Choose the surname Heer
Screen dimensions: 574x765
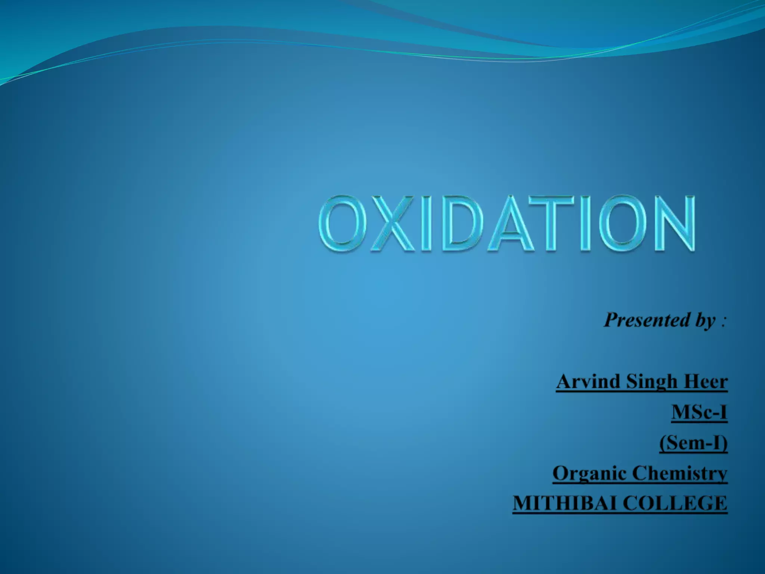[x=707, y=382]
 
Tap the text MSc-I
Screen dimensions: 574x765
[x=699, y=412]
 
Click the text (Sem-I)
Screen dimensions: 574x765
[x=693, y=444]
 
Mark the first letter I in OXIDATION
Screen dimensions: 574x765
[x=426, y=223]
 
